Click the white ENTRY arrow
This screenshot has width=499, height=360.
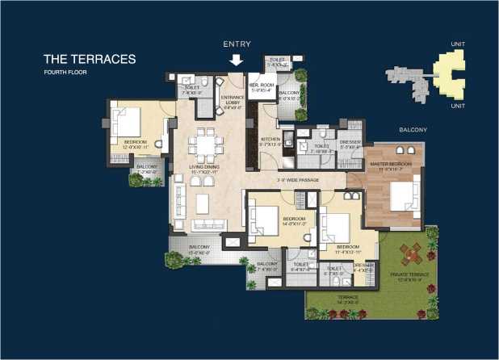pos(236,60)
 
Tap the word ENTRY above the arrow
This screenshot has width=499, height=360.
pos(236,44)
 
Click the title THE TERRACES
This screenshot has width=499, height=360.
pos(89,59)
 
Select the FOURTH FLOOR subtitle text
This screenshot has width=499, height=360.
pos(67,73)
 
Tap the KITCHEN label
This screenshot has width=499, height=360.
pos(270,142)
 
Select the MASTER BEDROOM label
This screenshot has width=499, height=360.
pos(391,165)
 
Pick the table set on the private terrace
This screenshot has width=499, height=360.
pos(412,255)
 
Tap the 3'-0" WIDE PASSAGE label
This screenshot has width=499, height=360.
pos(296,180)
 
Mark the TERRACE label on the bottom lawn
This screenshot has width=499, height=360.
pos(349,299)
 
